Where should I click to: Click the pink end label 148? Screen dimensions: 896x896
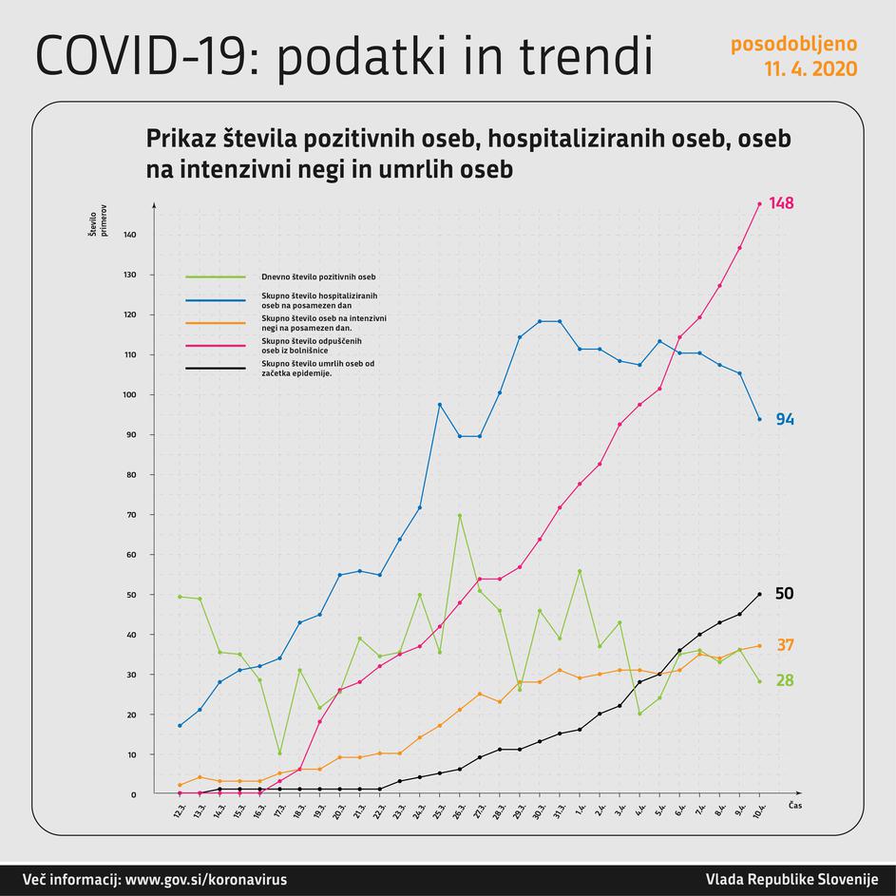781,203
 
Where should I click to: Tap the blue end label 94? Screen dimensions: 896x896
784,419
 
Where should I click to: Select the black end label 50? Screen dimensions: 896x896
784,594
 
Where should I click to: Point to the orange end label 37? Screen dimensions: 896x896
784,645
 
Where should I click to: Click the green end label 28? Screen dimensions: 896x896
784,680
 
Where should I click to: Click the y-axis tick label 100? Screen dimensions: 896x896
130,394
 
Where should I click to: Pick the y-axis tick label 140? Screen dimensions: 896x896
130,235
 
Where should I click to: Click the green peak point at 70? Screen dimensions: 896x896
459,515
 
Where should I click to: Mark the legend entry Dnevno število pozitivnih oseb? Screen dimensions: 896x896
318,277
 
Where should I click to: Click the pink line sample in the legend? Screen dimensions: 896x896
216,344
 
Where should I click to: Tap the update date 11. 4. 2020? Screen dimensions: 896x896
810,69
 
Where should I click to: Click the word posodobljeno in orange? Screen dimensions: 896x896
793,44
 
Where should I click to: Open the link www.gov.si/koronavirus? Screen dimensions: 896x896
205,880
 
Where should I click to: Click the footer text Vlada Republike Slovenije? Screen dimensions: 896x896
791,880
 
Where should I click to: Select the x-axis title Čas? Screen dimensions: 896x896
796,805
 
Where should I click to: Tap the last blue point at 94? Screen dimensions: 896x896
759,419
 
